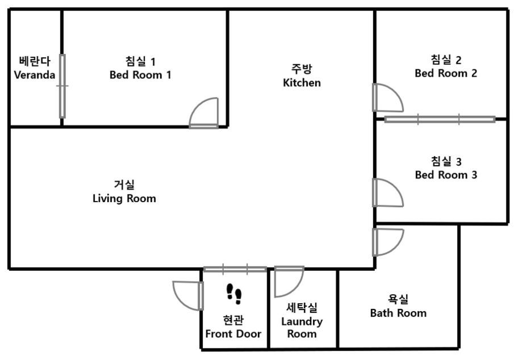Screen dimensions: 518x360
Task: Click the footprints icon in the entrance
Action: coord(234,294)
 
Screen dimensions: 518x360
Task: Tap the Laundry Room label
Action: coord(302,321)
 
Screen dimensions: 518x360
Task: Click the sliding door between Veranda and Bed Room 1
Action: coord(62,86)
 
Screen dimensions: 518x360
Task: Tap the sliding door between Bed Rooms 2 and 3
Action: coord(440,119)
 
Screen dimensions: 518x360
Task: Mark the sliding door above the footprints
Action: coord(235,269)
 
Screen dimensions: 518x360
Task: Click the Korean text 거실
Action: coord(124,185)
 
